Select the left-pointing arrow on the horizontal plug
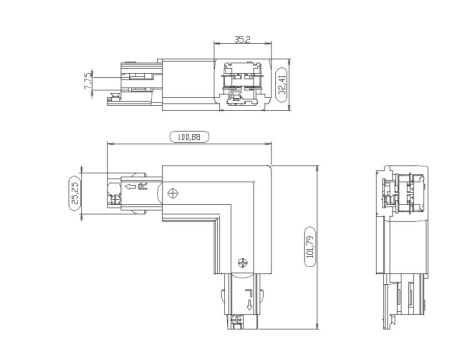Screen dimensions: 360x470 point(133,187)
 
